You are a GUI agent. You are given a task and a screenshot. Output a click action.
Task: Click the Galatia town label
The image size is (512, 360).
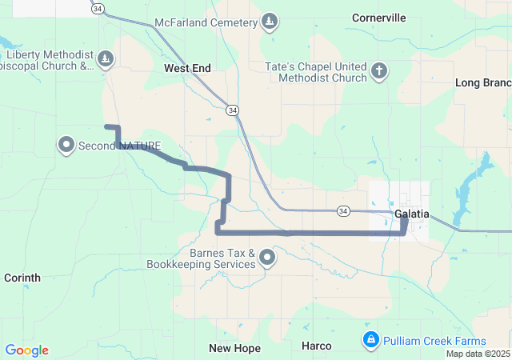click(412, 214)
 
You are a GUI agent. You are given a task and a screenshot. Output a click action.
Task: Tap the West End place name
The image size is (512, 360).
click(187, 69)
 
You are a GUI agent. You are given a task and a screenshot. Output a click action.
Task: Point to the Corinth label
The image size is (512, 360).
click(22, 278)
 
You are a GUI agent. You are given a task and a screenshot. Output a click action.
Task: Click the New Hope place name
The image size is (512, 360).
click(234, 348)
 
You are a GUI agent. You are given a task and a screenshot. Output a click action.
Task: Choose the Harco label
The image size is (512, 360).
click(316, 346)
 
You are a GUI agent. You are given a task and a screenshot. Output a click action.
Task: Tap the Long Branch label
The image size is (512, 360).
click(482, 82)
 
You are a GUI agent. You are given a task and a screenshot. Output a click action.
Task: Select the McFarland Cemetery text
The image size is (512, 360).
click(206, 22)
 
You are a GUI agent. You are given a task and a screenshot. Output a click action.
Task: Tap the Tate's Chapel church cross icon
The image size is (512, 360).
click(380, 73)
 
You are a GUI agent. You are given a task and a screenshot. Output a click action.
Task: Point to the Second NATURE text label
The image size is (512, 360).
click(119, 146)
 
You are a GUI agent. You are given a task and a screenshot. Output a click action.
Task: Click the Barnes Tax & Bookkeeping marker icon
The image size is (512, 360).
click(267, 258)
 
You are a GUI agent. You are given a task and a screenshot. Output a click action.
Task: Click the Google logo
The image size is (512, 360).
click(26, 350)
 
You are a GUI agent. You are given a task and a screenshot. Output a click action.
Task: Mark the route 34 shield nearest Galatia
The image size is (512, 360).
click(342, 210)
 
